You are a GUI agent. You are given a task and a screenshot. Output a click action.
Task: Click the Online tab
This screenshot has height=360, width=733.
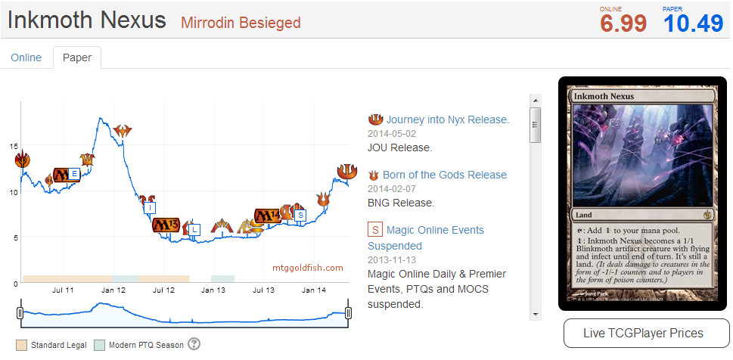pos(26,57)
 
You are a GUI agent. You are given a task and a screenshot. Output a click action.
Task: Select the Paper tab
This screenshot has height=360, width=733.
pos(77,57)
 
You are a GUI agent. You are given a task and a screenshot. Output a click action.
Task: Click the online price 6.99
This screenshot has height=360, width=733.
pos(623,23)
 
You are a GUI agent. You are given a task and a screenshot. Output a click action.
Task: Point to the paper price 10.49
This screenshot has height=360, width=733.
pos(694,23)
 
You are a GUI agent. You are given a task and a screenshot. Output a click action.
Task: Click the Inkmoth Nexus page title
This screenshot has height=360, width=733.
pos(87,20)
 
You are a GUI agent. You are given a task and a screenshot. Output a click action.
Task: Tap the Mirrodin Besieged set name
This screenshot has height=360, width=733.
pos(241,23)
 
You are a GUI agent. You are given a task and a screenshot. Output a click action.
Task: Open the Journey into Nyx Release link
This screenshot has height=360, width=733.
pos(448,119)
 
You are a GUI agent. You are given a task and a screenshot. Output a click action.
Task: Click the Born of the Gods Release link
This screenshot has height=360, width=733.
pos(444,175)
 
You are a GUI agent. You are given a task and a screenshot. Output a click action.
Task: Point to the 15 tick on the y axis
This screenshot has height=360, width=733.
pos(14,145)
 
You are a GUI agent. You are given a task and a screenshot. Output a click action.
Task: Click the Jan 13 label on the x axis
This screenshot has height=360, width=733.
pos(213,290)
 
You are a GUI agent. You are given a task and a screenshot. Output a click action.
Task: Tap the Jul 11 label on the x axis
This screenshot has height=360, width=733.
pos(63,290)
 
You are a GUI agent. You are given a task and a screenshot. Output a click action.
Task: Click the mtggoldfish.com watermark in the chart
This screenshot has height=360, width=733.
pos(308,268)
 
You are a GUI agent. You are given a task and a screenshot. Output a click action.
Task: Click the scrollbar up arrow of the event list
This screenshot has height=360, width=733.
pos(536,100)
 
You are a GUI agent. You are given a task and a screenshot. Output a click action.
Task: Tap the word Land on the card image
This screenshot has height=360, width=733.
pos(585,214)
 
